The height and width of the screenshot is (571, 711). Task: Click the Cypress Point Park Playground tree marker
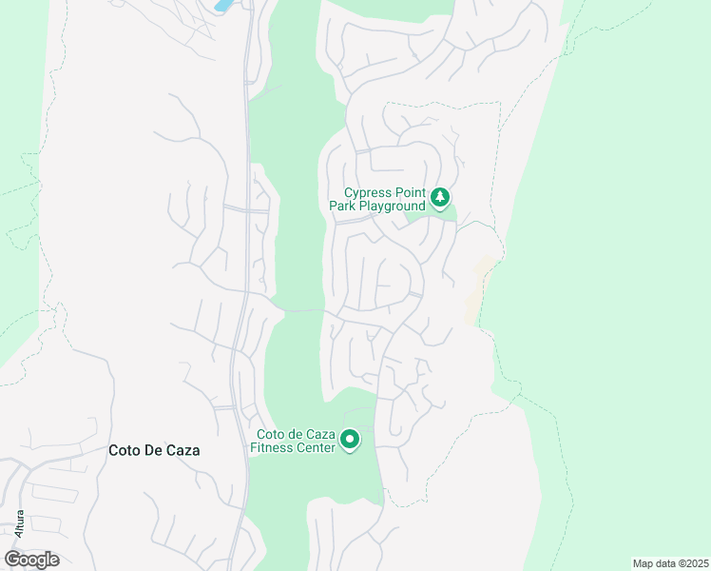[x=439, y=197]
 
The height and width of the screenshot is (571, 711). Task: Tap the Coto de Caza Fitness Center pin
[x=350, y=439]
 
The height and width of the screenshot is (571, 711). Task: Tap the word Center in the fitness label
[x=317, y=447]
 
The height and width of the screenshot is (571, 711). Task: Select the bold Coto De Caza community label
[x=154, y=451]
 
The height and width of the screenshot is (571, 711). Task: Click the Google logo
[x=31, y=560]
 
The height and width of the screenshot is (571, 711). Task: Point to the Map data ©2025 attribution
[x=670, y=563]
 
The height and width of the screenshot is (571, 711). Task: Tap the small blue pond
[x=223, y=5]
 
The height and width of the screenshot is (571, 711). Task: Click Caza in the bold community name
[x=183, y=451]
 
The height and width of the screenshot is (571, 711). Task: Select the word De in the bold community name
[x=152, y=451]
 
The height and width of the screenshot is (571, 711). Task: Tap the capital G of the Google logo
[x=12, y=560]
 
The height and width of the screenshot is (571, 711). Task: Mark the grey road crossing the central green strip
[x=302, y=310]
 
